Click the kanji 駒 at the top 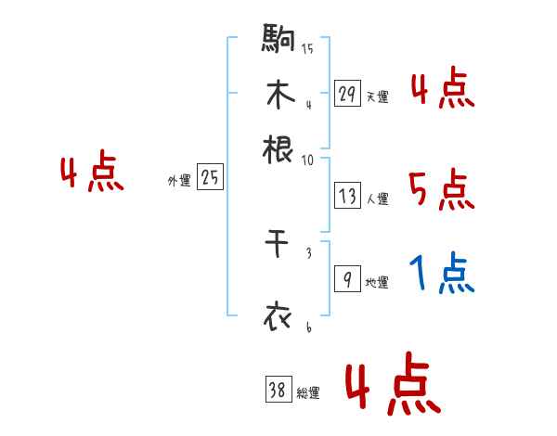pos(278,40)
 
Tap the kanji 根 pos(278,148)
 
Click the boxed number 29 pos(348,94)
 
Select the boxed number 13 pos(348,196)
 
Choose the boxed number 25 pos(211,178)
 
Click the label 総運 pos(308,393)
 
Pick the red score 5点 pos(441,190)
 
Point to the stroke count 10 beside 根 pos(306,159)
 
